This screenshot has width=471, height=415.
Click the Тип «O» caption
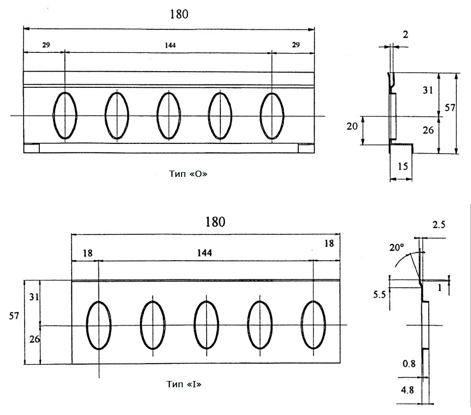pos(188,174)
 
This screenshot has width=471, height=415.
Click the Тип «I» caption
pos(184,384)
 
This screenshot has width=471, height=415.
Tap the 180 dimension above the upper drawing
pos(179,14)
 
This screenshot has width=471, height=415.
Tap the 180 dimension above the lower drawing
pos(215,222)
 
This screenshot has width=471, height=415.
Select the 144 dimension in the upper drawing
pos(170,46)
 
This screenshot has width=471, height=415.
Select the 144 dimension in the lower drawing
pos(204,253)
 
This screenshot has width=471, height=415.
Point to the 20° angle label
pos(397,248)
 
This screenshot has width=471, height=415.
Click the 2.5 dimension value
pos(439,225)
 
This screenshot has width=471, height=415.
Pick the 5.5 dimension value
pos(379,295)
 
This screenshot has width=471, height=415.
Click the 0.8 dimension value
pos(409,364)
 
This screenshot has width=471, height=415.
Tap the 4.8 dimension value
pos(407,390)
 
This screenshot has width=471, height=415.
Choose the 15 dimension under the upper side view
pos(402,166)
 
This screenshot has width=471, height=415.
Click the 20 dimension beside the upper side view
pos(352,127)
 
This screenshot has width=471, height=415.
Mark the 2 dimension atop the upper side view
pos(405,35)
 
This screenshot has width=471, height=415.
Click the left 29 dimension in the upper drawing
pos(46,45)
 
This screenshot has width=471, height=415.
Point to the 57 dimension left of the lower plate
pos(14,316)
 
